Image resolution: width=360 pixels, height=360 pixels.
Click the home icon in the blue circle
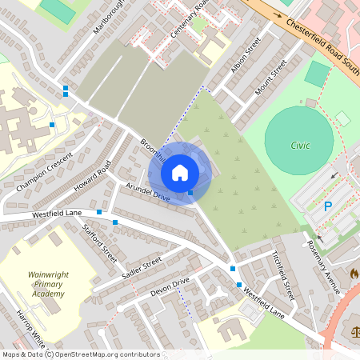180,172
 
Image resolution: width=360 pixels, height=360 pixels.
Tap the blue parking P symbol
327,206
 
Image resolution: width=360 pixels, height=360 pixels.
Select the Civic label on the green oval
299,146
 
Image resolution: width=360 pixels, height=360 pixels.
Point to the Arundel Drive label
148,192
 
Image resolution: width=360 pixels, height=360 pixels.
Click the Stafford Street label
100,243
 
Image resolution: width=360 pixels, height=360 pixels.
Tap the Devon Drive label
170,288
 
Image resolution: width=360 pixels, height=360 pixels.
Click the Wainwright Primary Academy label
48,284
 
